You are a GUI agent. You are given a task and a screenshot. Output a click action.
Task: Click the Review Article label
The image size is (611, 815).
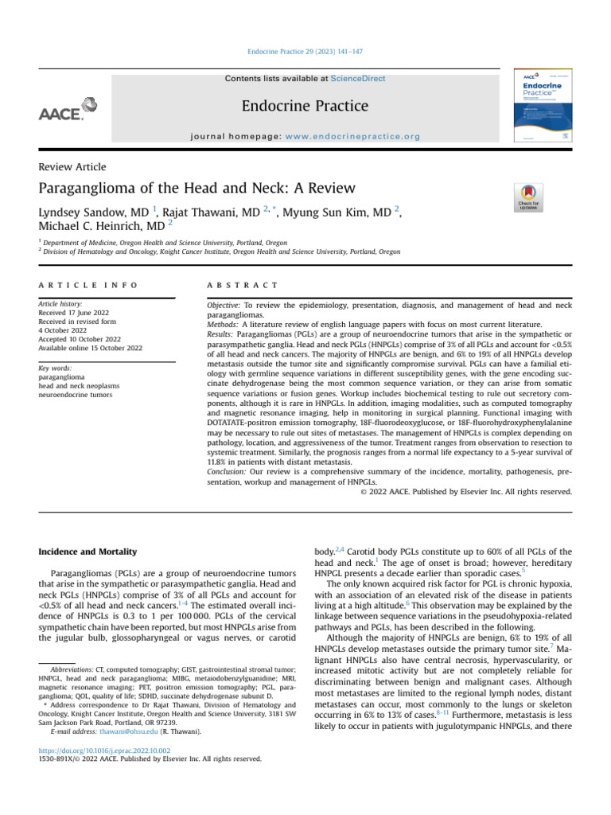[x=72, y=166]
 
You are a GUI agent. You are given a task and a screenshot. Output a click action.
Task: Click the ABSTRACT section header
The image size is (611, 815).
[x=241, y=285]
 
